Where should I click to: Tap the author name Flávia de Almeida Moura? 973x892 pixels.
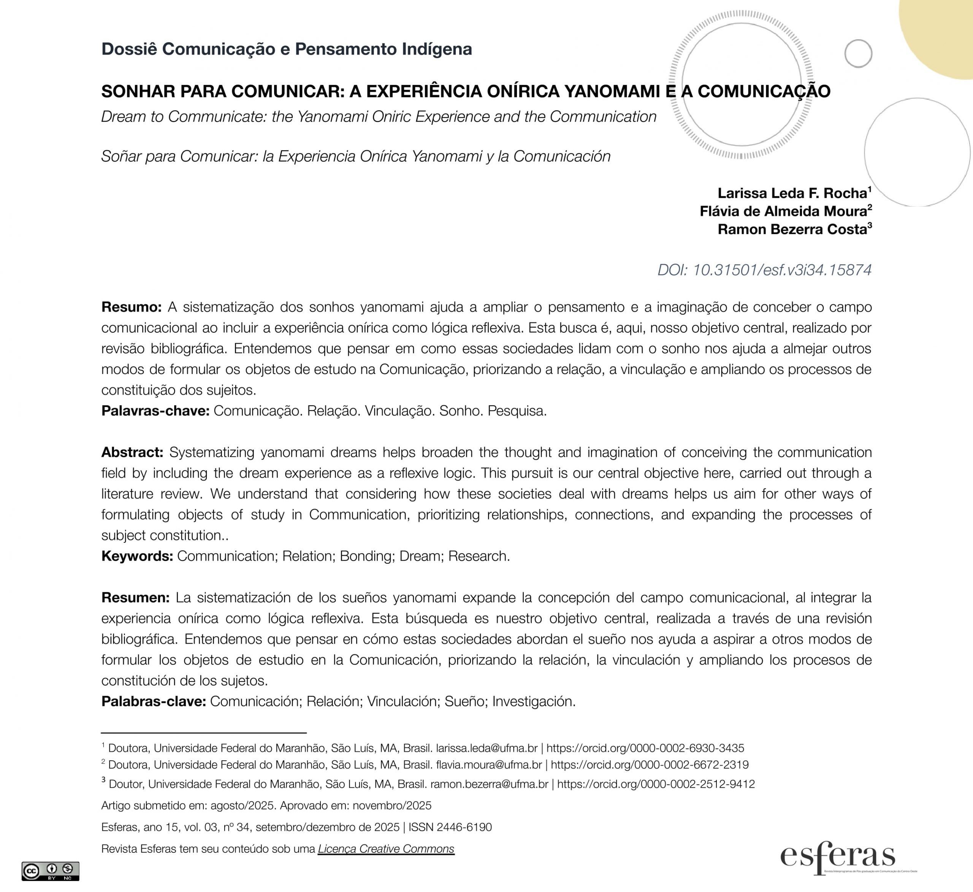coord(783,211)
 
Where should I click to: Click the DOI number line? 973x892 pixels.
coord(764,270)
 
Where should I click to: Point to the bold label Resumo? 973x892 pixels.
coord(131,307)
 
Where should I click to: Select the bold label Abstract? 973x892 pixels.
coord(132,453)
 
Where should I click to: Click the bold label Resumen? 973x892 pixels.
coord(135,598)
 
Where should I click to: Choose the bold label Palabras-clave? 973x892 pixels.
coord(154,702)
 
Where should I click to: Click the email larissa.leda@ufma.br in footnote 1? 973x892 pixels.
coord(486,748)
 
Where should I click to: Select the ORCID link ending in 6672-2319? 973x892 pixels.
coord(650,765)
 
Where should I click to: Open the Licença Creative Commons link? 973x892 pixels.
coord(386,849)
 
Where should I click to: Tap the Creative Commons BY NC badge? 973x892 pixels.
coord(50,871)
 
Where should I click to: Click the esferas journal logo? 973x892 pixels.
coord(837,858)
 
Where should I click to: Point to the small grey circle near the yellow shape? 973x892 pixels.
coord(858,54)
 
